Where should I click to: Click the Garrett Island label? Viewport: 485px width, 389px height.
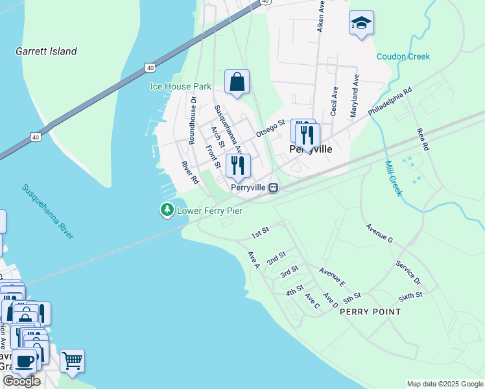pos(46,51)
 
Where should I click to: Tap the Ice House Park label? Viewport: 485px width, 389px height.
pos(180,86)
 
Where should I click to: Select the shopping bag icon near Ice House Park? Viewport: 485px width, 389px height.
pos(237,82)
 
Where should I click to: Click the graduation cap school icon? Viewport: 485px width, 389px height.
pos(361,23)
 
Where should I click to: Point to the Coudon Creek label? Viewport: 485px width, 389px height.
pos(403,56)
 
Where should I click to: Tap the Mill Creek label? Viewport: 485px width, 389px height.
pos(394,178)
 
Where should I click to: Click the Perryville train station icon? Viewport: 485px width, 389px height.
pos(274,187)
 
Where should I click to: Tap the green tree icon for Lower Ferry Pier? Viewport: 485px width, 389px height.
pos(167,210)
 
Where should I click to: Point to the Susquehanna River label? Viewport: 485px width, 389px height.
pos(48,211)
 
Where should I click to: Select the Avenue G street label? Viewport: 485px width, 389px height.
pos(379,233)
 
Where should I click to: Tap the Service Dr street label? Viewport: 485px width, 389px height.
pos(408,274)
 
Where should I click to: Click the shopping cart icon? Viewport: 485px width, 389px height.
pos(72,360)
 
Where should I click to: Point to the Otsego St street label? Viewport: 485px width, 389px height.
pos(270,127)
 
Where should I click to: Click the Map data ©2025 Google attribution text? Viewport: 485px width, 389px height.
pos(445,384)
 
